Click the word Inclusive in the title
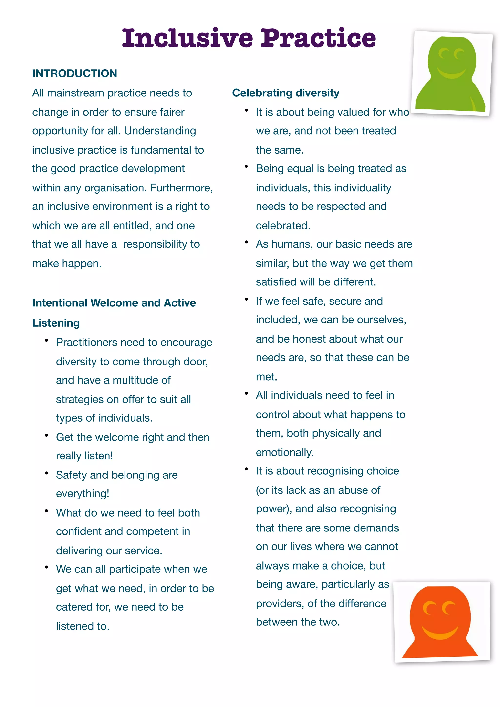187,38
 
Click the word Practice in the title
318,38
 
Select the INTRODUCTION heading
74,73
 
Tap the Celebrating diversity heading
285,93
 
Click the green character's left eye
444,54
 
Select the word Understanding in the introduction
160,131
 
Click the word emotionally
284,452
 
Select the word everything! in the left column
83,494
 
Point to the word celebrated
283,226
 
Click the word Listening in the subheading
56,323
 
